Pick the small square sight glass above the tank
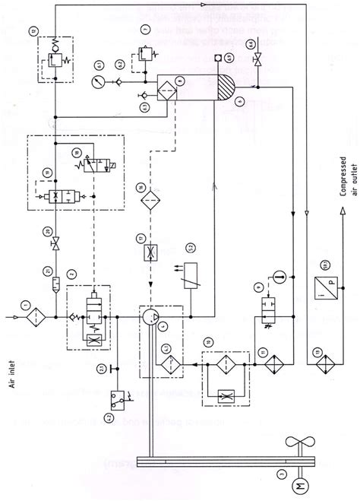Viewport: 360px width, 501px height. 218,56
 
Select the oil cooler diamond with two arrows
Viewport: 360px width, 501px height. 268,363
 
